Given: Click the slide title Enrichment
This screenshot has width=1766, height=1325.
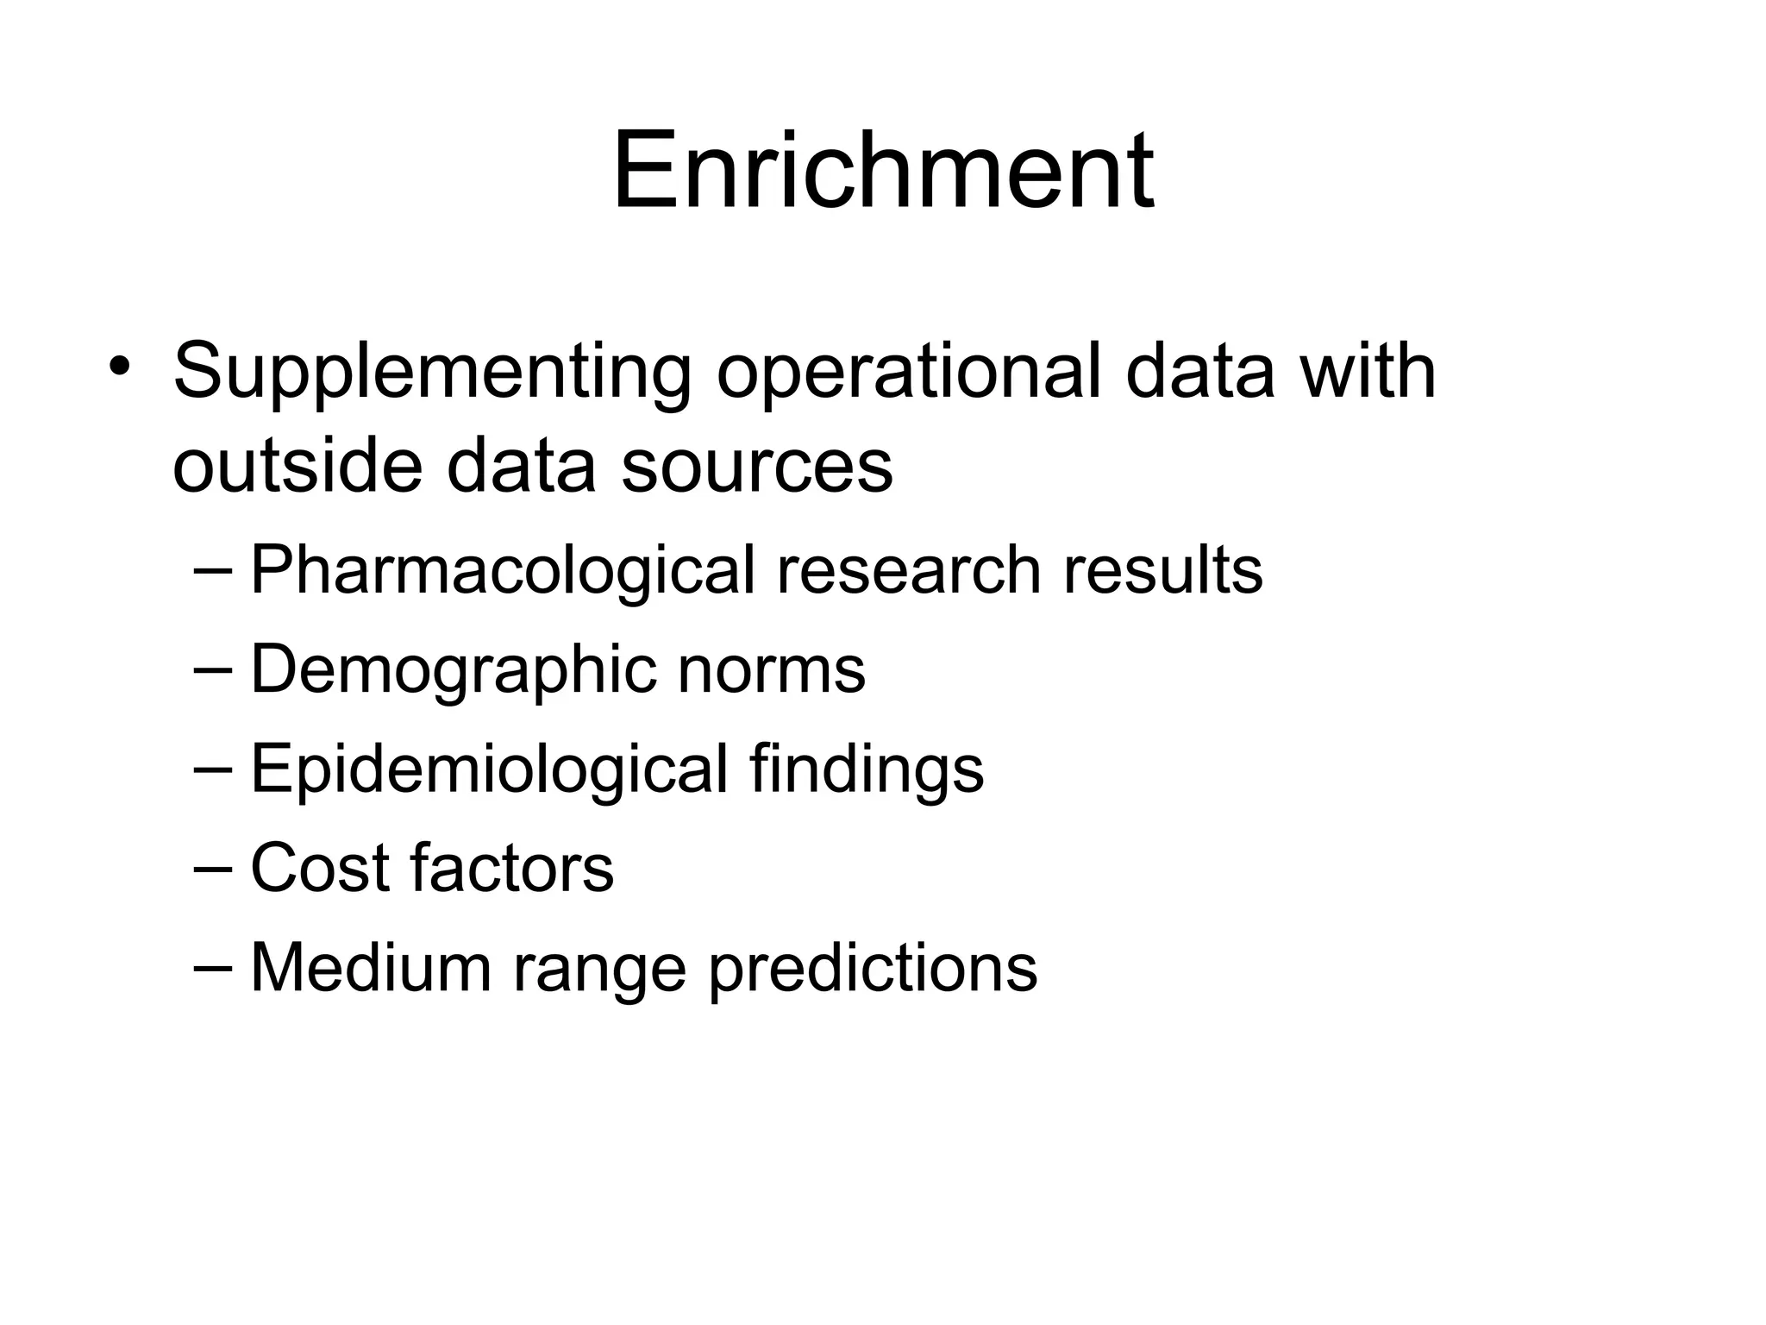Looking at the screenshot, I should click(x=883, y=169).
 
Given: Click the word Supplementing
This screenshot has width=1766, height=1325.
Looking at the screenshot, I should click(x=432, y=373).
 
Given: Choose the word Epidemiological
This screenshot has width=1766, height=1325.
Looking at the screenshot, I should click(x=489, y=769).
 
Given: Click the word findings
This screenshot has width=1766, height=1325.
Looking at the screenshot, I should click(x=866, y=769).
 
